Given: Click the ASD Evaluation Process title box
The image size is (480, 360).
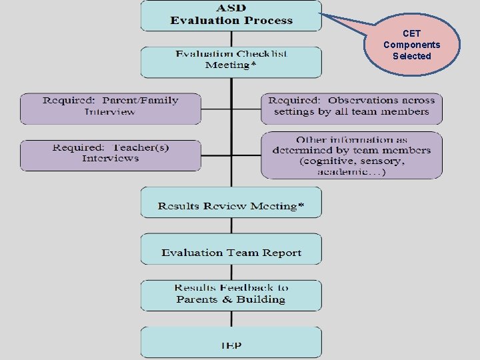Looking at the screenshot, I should pos(231,15).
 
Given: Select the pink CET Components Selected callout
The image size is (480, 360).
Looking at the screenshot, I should pos(412,45).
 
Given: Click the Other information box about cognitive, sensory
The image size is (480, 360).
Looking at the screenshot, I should pos(351,155).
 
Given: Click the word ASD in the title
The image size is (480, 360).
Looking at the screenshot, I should pos(231,8).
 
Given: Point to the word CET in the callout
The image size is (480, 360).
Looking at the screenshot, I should pos(412,33).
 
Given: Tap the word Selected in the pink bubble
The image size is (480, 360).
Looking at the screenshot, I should pos(412,56).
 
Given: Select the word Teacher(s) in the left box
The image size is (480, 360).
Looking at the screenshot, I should pos(133,147).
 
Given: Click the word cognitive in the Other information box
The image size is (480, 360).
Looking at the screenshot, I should pos(333,161).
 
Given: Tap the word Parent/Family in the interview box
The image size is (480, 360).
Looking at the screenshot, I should pos(143,101).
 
